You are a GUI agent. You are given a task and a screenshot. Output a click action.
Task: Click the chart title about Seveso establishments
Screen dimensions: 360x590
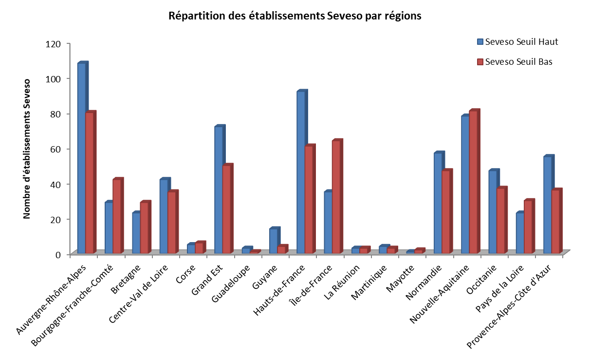[295, 16]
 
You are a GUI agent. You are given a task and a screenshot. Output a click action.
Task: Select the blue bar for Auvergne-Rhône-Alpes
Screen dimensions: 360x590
[81, 158]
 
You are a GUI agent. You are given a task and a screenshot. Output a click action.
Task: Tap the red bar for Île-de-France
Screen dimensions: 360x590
[336, 197]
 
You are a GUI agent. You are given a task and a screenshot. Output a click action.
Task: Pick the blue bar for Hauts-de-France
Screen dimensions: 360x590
[301, 172]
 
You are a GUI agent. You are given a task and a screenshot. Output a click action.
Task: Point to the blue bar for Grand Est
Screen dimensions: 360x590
[219, 190]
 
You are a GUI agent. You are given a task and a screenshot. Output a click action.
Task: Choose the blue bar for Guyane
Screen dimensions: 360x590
[273, 241]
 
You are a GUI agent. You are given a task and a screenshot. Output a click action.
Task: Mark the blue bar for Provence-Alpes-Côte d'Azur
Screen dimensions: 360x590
[547, 205]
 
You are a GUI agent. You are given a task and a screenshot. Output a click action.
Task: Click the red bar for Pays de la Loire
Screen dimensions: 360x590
[528, 227]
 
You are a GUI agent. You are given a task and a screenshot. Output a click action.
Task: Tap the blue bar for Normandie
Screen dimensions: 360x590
[438, 203]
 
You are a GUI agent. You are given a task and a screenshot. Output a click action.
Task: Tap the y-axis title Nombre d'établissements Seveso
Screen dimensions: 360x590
[27, 149]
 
